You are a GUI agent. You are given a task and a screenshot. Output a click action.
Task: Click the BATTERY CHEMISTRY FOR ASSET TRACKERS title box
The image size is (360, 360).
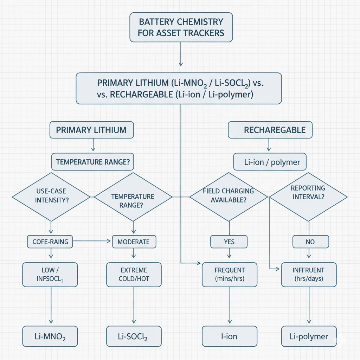(x=181, y=27)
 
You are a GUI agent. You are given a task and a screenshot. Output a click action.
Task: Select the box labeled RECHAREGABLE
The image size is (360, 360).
(x=270, y=130)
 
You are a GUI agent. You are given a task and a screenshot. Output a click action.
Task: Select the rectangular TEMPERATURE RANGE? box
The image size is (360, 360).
(x=92, y=162)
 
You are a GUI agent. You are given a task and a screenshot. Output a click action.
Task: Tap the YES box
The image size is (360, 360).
(x=229, y=242)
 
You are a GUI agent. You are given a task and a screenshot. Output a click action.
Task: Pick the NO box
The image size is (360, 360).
(x=310, y=242)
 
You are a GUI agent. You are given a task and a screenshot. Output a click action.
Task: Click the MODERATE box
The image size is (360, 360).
(x=134, y=242)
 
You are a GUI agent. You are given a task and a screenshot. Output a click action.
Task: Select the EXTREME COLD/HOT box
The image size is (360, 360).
(x=134, y=275)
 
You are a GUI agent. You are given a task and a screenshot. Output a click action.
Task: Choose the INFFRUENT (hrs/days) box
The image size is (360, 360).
(x=309, y=275)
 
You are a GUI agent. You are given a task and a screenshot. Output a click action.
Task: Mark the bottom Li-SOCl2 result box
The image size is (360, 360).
(x=134, y=336)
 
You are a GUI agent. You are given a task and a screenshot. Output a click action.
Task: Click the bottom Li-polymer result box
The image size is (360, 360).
(x=309, y=336)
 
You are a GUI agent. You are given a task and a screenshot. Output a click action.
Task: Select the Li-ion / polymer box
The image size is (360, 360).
(x=270, y=162)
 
